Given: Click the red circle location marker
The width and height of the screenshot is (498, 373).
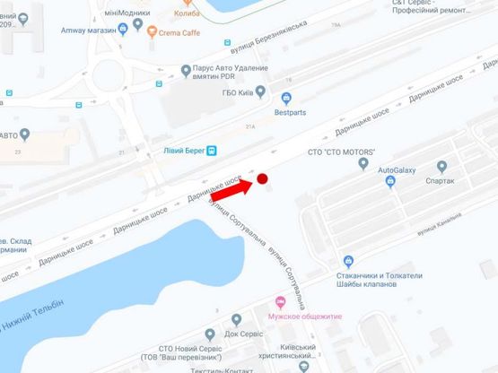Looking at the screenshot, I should pos(263,179).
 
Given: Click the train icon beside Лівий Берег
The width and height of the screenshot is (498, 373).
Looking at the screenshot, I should pos(213,150).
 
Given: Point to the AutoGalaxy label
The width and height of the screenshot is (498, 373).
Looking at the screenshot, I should pos(398,169).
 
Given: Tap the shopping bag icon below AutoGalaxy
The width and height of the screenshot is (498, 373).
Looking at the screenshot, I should pos(390,182).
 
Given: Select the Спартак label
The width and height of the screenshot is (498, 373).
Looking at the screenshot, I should pos(440,181).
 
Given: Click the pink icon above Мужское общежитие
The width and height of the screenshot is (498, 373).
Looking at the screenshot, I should pos(282,301).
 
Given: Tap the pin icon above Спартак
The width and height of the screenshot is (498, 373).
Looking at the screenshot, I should pos(441,166).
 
